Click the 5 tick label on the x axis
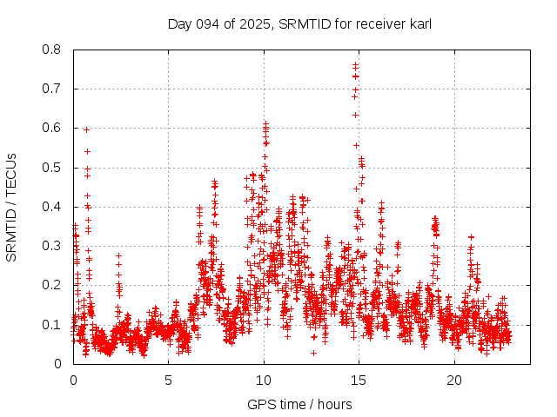(x=169, y=381)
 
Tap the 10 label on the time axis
(x=264, y=381)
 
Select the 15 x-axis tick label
(x=359, y=381)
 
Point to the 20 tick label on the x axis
(x=454, y=381)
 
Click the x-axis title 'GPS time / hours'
(x=299, y=404)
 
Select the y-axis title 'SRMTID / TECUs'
(x=12, y=207)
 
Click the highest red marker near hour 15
(x=355, y=64)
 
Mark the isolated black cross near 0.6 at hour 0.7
(x=86, y=129)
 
